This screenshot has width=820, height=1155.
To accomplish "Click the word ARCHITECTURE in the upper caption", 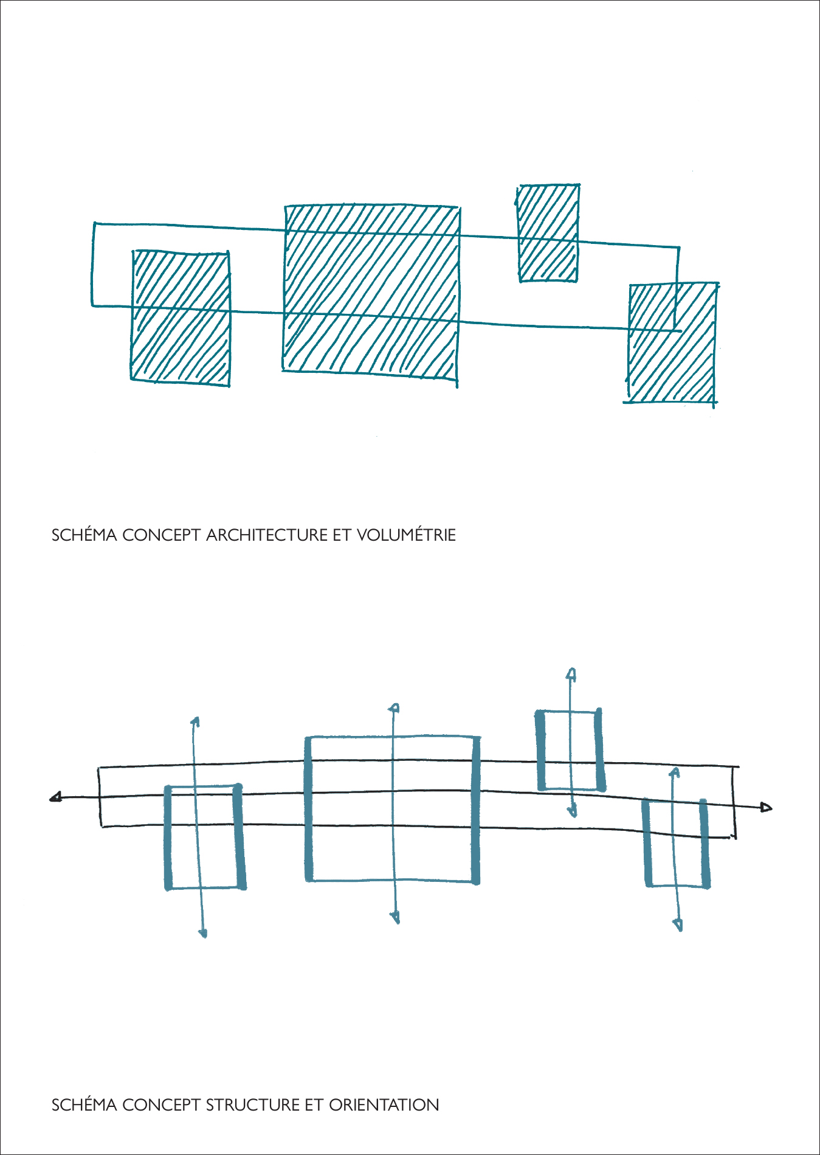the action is click(267, 535).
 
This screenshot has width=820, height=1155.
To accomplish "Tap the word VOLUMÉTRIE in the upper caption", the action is click(406, 535).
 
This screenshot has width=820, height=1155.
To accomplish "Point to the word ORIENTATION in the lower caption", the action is click(384, 1105).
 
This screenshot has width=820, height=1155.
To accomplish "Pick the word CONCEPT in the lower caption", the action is click(162, 1105).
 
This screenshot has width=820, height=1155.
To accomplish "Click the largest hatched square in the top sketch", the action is click(371, 294).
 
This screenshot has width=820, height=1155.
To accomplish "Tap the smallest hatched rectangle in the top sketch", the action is click(548, 233).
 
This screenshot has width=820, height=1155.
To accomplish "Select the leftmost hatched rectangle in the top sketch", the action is click(181, 317).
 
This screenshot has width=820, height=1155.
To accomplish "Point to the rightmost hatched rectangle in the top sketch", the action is click(672, 343).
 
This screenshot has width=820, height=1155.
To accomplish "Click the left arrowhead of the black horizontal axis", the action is click(57, 797).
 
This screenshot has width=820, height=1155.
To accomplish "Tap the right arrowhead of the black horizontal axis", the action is click(766, 807).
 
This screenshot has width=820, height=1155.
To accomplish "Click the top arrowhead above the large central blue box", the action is click(394, 708).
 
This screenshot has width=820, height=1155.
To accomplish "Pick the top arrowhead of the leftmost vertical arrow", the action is click(195, 722).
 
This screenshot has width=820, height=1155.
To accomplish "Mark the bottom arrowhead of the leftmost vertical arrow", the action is click(204, 932).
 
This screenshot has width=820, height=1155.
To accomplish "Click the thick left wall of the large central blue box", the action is click(309, 809).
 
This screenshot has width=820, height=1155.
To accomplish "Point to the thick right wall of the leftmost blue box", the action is click(239, 837).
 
